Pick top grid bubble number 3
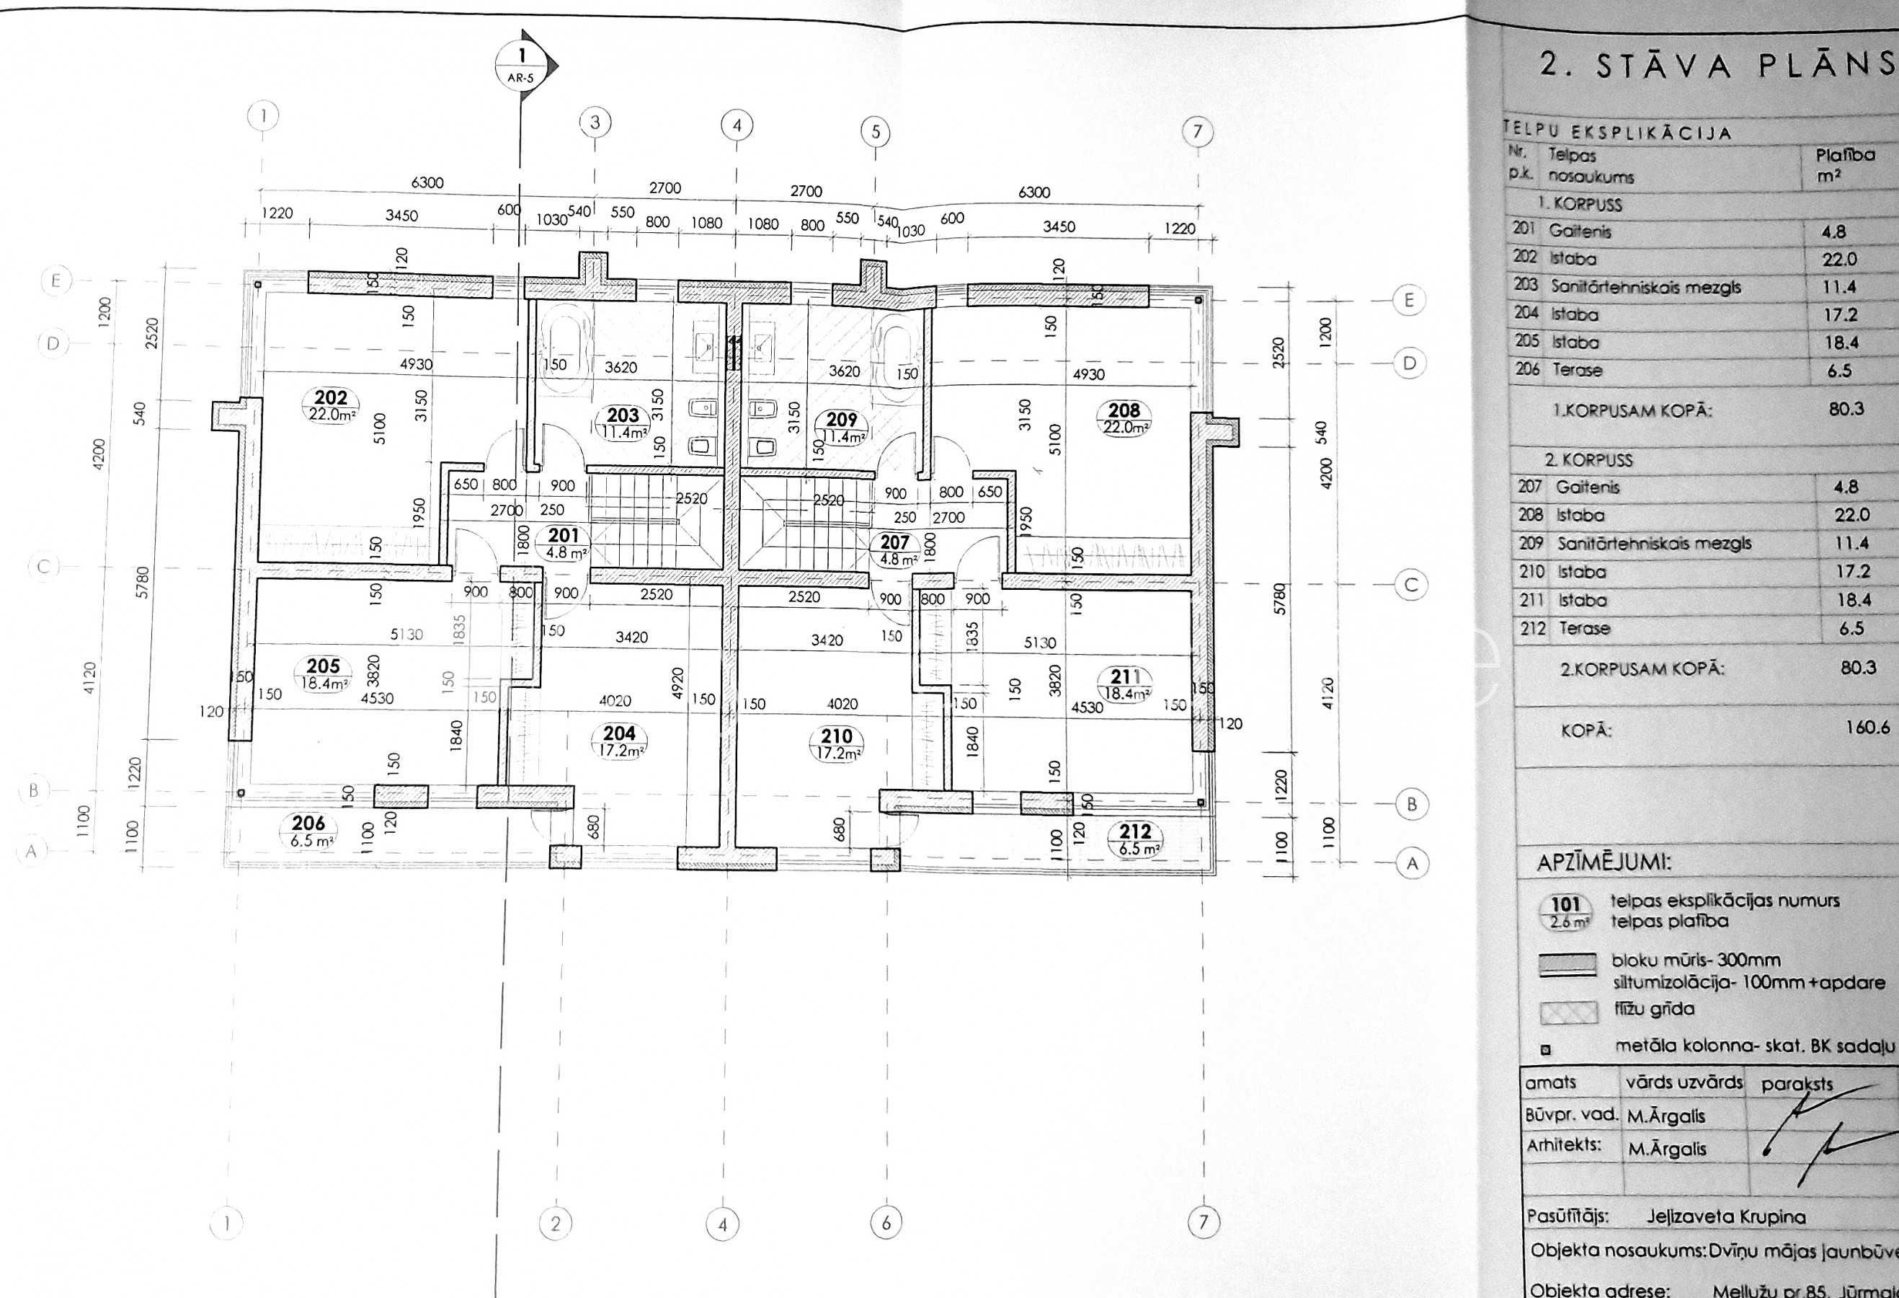pos(595,123)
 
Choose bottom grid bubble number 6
pos(886,1224)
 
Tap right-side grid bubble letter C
pos(1411,586)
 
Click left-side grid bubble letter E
pos(55,282)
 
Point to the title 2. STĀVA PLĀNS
pos(1716,66)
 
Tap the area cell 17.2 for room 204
pos(1840,314)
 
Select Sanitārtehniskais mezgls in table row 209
pos(1654,544)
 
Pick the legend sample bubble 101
pos(1565,911)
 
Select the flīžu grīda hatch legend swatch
pos(1567,1012)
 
